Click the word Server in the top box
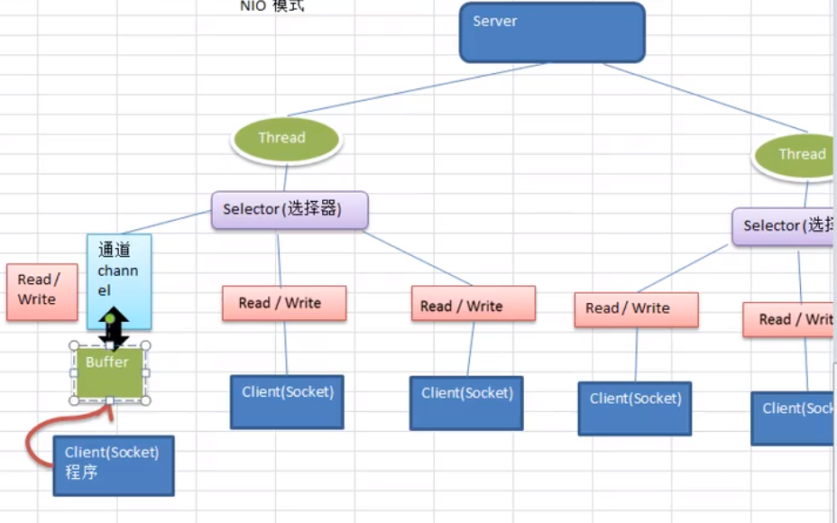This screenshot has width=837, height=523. (495, 21)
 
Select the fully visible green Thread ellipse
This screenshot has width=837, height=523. (286, 138)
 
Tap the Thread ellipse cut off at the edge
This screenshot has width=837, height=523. (796, 154)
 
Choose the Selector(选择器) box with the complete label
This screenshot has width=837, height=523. (290, 209)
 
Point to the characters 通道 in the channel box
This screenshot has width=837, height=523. (115, 251)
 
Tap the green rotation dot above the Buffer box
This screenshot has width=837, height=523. (110, 318)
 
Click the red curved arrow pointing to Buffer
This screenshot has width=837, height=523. (36, 445)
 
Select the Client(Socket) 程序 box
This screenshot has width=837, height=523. (113, 464)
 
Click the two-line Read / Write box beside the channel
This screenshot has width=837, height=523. (41, 291)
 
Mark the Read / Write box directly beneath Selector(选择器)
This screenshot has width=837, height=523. (284, 304)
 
